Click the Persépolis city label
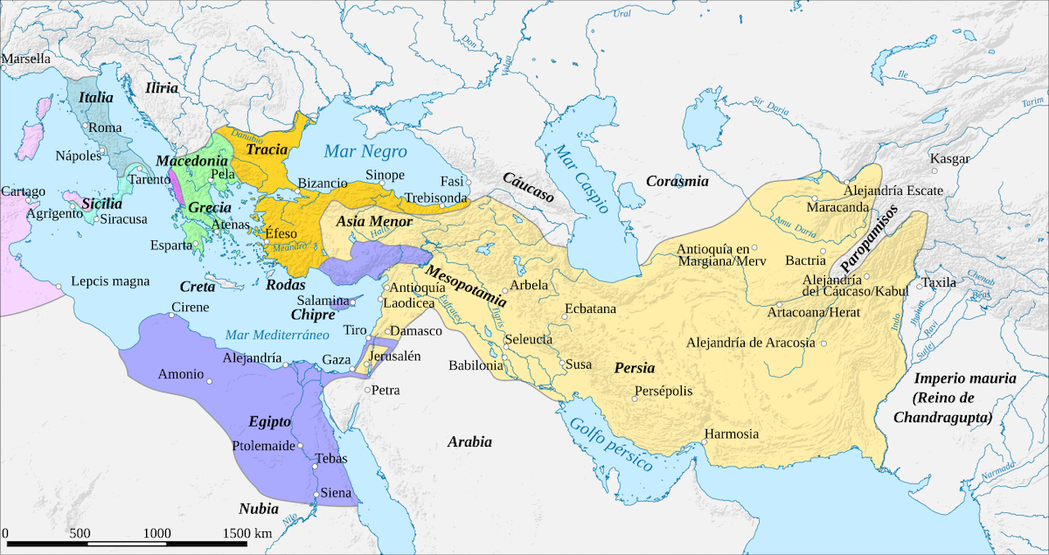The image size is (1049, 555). pyautogui.click(x=664, y=391)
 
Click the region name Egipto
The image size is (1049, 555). pyautogui.click(x=268, y=421)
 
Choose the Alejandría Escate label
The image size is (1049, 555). pyautogui.click(x=893, y=190)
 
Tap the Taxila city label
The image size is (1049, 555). pyautogui.click(x=940, y=283)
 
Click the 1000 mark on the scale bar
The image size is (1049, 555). pyautogui.click(x=157, y=532)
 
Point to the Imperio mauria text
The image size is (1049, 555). pyautogui.click(x=964, y=378)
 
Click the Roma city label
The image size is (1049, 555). pyautogui.click(x=105, y=128)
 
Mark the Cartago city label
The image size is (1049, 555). pyautogui.click(x=23, y=191)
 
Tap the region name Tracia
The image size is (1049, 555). pyautogui.click(x=267, y=149)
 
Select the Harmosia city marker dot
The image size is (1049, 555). pyautogui.click(x=705, y=441)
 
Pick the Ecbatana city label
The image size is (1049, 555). pyautogui.click(x=590, y=309)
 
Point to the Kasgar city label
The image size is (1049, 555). pyautogui.click(x=951, y=159)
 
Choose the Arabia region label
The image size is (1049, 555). pyautogui.click(x=469, y=441)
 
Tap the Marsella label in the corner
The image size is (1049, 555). pyautogui.click(x=26, y=59)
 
